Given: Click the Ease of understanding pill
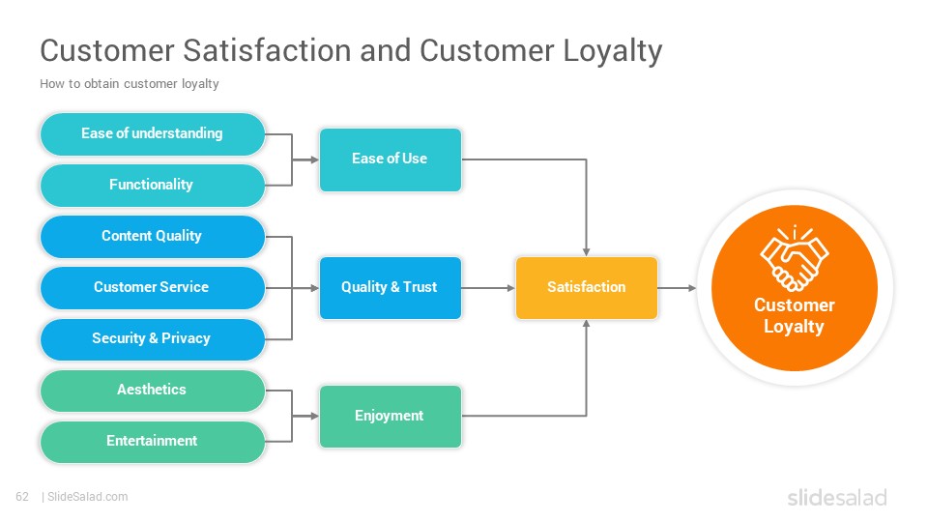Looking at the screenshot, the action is (x=152, y=133).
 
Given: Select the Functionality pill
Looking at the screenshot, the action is (x=152, y=186).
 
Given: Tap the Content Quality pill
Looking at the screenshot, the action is (x=152, y=236).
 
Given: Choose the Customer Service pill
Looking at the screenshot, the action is (x=152, y=288).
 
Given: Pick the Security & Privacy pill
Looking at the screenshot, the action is (x=152, y=339).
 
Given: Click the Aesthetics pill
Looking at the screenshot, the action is (x=152, y=391).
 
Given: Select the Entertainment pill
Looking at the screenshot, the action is (x=152, y=442).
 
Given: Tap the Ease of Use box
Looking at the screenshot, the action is (x=390, y=159).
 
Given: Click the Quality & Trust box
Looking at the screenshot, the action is (x=390, y=288).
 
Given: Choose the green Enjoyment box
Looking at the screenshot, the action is (x=390, y=416).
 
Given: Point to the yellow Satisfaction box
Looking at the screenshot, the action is (x=587, y=288).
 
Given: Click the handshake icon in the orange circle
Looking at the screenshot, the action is (x=795, y=259).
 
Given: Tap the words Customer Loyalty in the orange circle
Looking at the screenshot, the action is (x=795, y=315).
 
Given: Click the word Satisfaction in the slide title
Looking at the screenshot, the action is (x=267, y=50).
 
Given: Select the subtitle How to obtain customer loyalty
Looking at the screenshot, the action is (x=129, y=84).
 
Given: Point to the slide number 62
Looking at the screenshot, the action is (x=22, y=497).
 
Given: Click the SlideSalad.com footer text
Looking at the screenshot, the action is (x=87, y=497).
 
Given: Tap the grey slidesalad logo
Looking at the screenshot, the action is (x=837, y=497).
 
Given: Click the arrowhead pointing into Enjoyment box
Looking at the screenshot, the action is (x=314, y=416).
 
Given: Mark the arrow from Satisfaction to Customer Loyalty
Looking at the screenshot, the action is (x=677, y=288).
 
